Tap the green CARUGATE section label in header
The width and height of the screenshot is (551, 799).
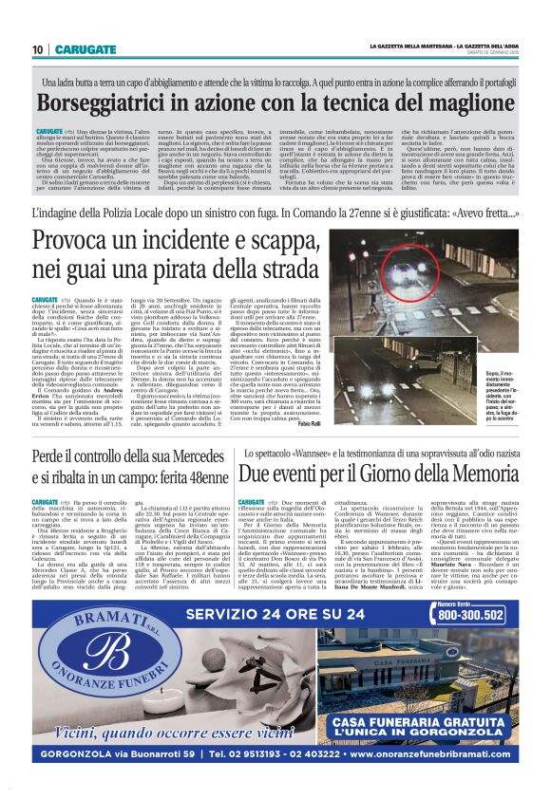pos(85,49)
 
